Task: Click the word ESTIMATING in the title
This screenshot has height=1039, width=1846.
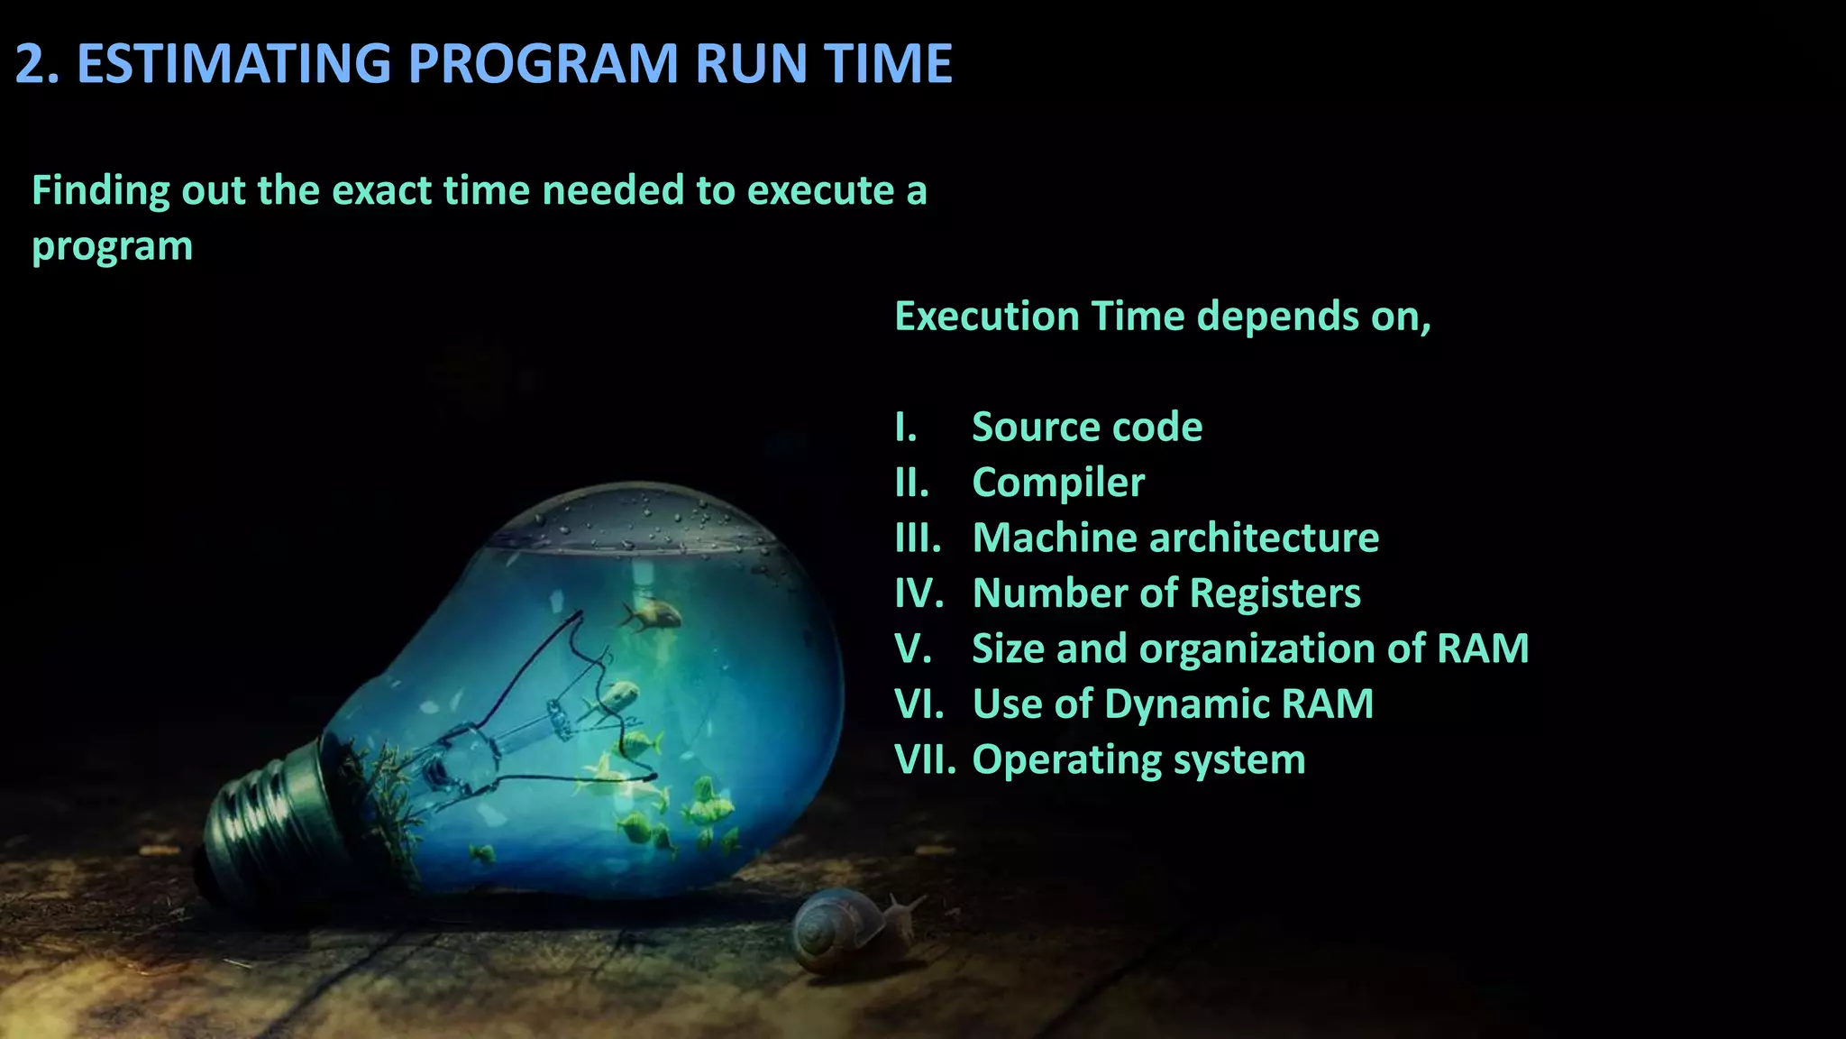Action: point(234,64)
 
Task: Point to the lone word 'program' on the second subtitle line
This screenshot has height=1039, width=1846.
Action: point(113,246)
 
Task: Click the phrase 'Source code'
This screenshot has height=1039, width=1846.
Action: point(1086,427)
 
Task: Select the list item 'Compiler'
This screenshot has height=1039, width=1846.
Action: point(1058,483)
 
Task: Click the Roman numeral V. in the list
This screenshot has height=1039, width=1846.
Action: point(912,648)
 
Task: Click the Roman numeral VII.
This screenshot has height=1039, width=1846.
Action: point(924,759)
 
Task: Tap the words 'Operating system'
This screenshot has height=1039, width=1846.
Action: point(1138,759)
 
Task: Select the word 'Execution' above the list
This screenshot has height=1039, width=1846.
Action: point(986,317)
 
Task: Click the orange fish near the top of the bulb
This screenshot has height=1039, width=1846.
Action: point(651,615)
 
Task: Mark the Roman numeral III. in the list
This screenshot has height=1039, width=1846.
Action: point(918,538)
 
